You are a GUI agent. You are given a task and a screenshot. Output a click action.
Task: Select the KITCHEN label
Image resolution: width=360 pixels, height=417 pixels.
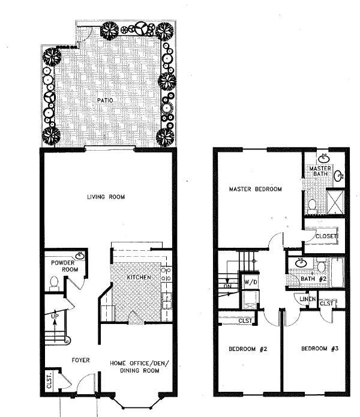tap(139, 278)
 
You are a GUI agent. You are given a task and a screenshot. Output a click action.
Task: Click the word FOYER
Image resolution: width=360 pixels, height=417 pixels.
tap(80, 360)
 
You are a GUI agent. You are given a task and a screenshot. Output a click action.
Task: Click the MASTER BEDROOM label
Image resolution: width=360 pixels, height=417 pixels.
tap(256, 190)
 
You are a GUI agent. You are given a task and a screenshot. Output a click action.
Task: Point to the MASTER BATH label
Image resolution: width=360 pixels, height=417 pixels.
tap(320, 172)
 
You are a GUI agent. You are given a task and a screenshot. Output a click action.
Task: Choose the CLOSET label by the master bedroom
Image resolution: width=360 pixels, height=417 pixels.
tap(326, 236)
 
